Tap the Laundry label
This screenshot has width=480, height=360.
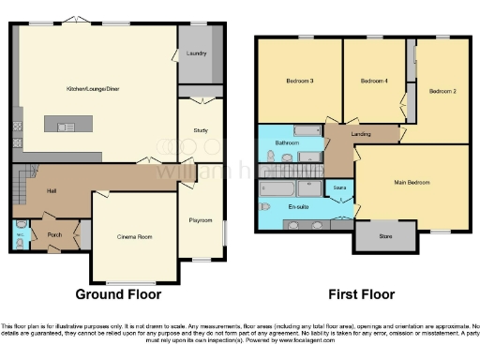tap(197, 53)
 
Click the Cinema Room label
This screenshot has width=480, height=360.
tap(133, 236)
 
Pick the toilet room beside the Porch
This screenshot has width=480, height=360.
tap(21, 233)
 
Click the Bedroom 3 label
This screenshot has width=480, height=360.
tap(299, 82)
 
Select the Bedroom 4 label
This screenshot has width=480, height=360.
tap(374, 82)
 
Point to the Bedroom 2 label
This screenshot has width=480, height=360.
tap(442, 91)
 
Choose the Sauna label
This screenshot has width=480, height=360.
tap(340, 188)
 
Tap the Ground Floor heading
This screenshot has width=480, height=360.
tap(118, 294)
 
